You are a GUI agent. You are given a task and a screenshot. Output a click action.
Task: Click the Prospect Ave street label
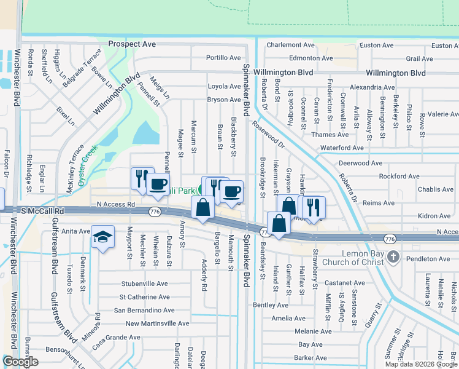click(x=132, y=44)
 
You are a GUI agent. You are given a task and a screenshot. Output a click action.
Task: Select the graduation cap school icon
click(x=102, y=237)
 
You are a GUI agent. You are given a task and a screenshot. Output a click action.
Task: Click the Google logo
click(x=20, y=362)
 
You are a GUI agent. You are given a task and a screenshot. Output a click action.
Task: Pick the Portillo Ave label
click(x=223, y=58)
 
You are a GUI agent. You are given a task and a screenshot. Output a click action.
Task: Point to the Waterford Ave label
click(x=342, y=148)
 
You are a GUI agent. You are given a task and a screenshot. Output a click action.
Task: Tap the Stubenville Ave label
click(x=144, y=284)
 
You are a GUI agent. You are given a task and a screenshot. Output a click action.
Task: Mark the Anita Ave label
click(x=75, y=231)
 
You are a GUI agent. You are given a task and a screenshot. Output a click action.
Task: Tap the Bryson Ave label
click(x=223, y=100)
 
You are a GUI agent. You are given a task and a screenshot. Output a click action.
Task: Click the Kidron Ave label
click(x=433, y=216)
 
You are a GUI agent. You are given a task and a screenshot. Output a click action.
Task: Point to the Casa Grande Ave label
click(x=117, y=338)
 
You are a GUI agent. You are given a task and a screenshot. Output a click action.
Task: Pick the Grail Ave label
click(x=420, y=59)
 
